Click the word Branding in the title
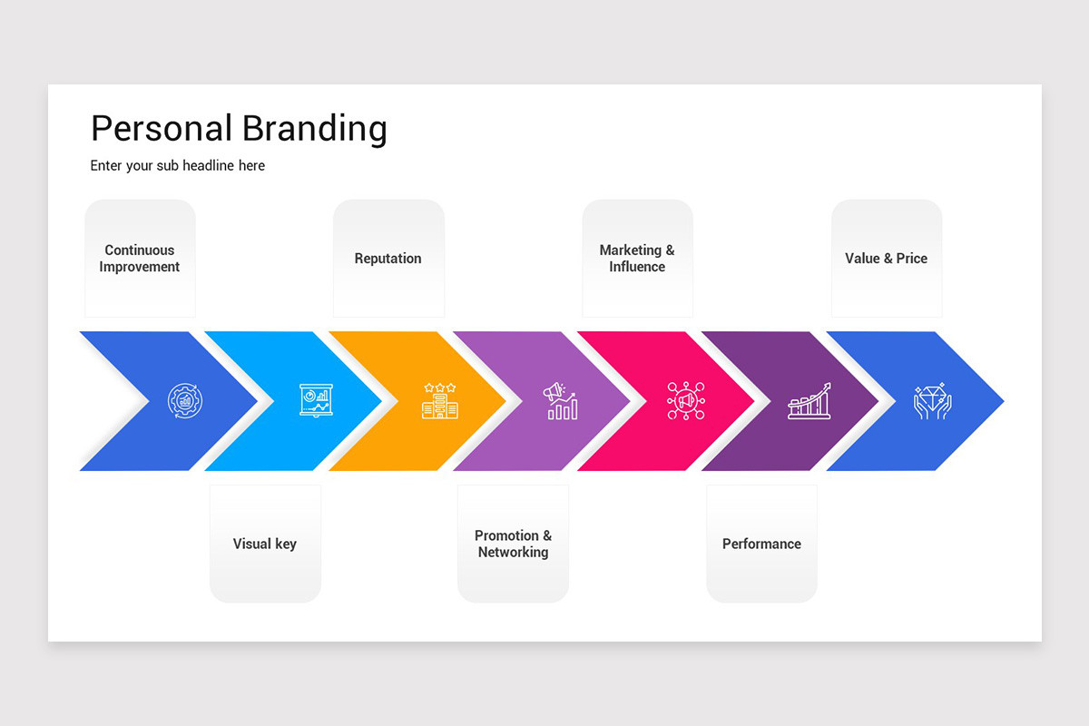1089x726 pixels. click(x=315, y=129)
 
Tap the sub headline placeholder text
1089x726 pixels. click(x=178, y=166)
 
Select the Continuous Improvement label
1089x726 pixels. click(x=140, y=259)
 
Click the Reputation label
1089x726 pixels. click(x=388, y=259)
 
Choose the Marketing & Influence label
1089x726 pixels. click(x=637, y=259)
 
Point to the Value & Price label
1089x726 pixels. click(x=886, y=259)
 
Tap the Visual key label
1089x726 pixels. click(x=264, y=544)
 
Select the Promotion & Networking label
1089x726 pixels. click(x=513, y=544)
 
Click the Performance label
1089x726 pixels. click(x=761, y=544)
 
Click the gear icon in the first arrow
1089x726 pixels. click(x=185, y=401)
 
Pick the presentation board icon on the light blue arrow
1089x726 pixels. click(x=316, y=400)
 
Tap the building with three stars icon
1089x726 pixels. click(x=440, y=400)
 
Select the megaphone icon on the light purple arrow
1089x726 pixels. click(x=561, y=400)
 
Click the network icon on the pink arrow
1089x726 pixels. click(x=685, y=400)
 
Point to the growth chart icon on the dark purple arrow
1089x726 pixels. click(x=809, y=400)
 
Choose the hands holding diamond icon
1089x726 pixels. click(x=932, y=400)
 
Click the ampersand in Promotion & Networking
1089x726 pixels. click(x=546, y=536)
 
